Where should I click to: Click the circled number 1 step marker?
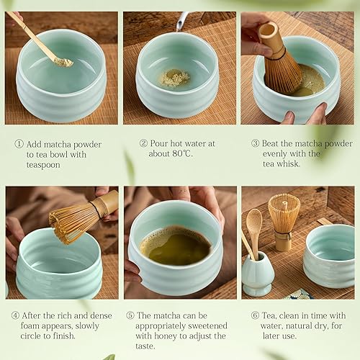coord(19,144)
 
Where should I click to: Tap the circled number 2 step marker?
coord(143,143)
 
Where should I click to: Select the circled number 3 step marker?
coord(256,143)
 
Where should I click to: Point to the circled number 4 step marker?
coord(15,315)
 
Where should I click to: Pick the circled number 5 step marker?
coord(130,315)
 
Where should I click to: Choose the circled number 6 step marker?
coord(255,315)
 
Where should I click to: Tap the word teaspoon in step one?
coord(43,165)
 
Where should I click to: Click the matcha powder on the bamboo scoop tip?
coord(63,63)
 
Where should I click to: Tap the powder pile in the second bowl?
coord(174,78)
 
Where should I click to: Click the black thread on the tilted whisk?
coord(95,210)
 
